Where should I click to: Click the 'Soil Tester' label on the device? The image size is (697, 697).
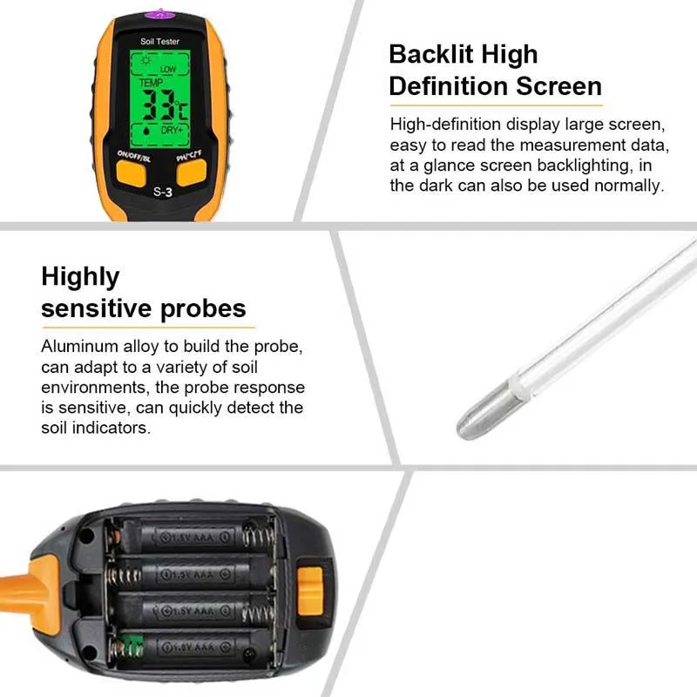[159, 41]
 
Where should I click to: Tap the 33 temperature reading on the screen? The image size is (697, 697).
[159, 105]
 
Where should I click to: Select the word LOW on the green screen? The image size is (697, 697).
[168, 69]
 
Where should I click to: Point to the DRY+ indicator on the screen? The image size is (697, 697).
[172, 130]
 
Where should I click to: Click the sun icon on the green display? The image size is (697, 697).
[145, 60]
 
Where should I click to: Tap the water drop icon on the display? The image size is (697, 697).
[145, 131]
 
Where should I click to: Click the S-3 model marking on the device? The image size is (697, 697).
[163, 192]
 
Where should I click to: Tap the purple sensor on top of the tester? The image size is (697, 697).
[159, 14]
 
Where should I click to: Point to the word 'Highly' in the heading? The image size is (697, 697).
[80, 278]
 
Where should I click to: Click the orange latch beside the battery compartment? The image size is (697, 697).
[309, 591]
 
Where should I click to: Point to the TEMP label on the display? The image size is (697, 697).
[151, 83]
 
